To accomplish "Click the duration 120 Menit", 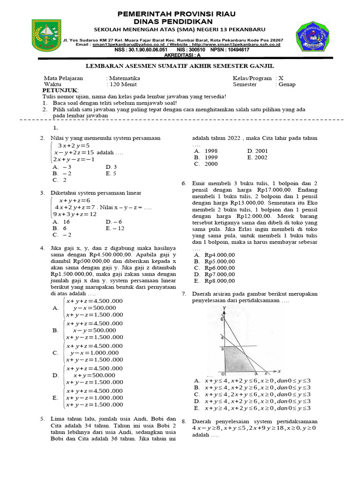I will tap(122, 84).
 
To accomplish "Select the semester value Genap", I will tap(286, 84).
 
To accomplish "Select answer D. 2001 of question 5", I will tap(257, 151).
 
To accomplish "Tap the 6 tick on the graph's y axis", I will tap(222, 319).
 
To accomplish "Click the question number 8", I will tap(184, 421).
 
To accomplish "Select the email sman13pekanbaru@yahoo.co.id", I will tap(122, 45).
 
